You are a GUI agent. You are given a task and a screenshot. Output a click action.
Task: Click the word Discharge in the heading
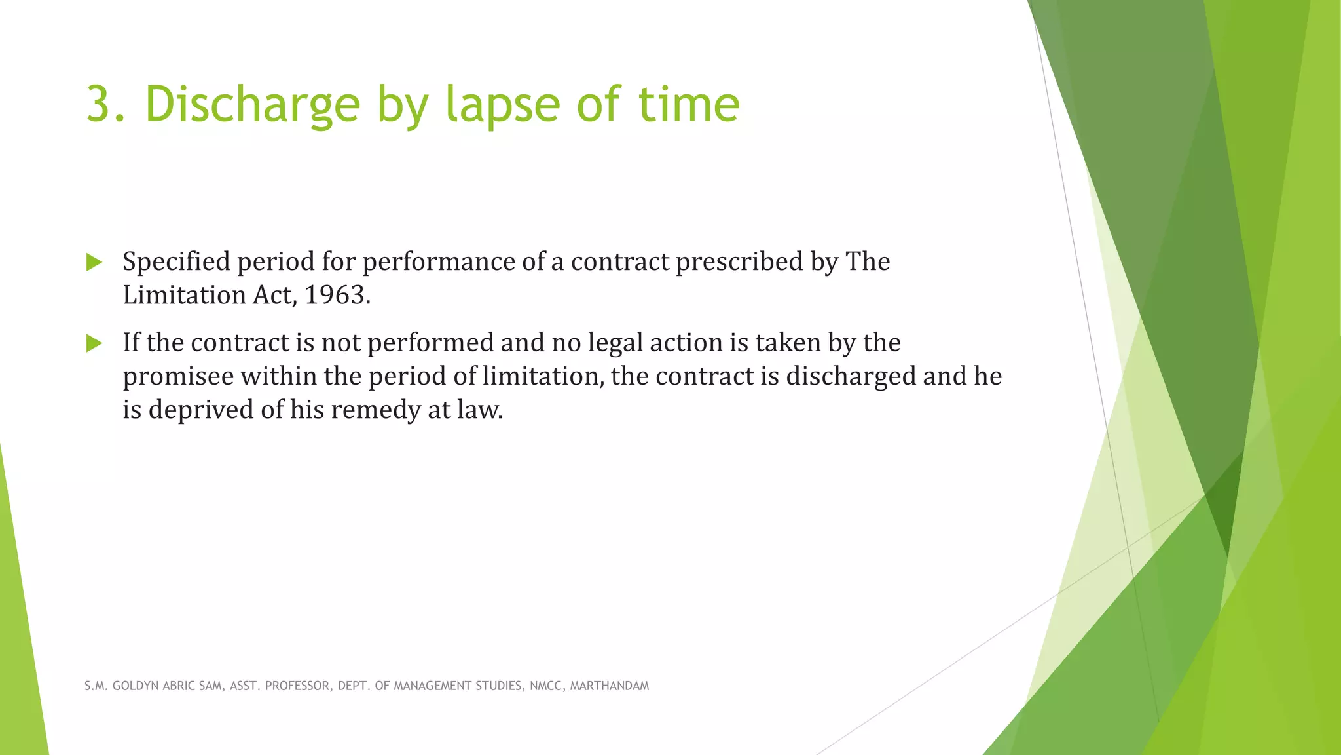point(252,105)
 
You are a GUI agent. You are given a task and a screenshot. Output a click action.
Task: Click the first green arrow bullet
point(94,263)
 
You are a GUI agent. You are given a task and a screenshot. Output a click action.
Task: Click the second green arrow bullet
point(94,343)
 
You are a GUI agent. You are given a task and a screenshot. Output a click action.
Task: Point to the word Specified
point(176,262)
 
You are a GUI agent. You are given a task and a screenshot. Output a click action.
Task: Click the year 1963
point(337,296)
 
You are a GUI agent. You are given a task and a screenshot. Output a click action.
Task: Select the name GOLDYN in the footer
point(135,686)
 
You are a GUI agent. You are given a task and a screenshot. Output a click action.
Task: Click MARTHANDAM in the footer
point(609,686)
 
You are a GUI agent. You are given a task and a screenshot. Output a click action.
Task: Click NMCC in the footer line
point(545,686)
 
